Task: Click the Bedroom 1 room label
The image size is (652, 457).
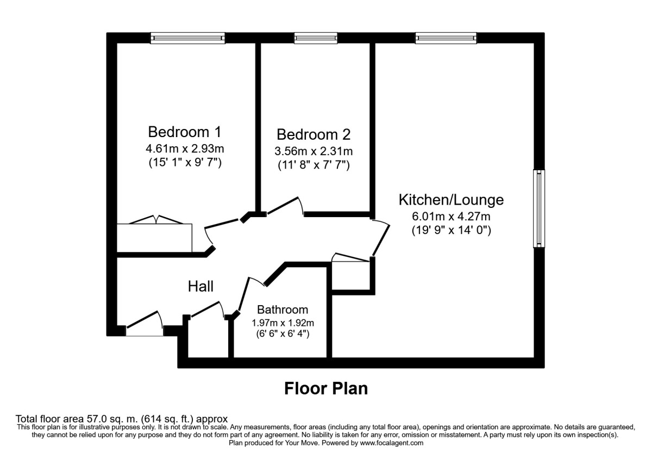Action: point(185,132)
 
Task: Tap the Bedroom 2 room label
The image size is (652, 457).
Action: point(314,134)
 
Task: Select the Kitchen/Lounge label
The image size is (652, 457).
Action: point(451,200)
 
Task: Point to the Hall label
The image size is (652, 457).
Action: point(200,286)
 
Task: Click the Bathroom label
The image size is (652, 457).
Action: point(283,310)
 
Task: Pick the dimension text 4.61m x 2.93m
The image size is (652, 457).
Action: point(185,149)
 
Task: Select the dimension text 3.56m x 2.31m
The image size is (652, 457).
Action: point(314,151)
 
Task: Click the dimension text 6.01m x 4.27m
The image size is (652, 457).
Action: point(451,216)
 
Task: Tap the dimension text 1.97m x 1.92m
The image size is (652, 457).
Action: point(283,322)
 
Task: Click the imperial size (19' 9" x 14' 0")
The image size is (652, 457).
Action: point(451,230)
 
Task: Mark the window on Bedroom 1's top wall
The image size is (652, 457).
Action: point(187,38)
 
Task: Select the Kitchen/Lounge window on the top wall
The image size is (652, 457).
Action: point(446,38)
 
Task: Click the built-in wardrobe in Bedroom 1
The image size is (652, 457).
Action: point(155,237)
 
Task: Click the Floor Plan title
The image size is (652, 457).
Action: point(326,388)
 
